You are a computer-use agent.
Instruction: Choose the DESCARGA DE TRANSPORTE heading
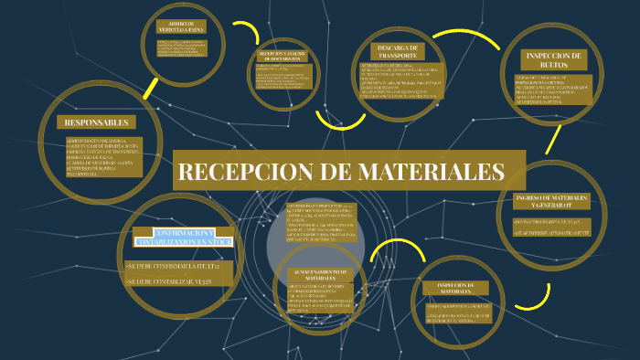(x=397, y=51)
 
